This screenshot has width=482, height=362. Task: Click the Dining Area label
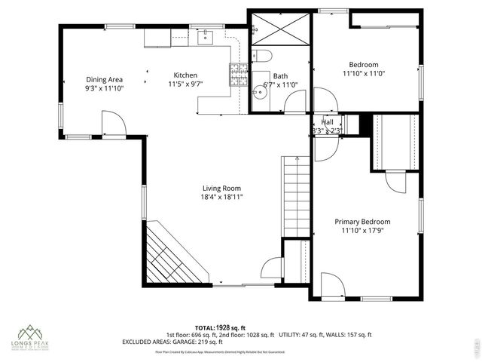104,79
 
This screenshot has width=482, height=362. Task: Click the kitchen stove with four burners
239,73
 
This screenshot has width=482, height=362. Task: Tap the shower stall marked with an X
279,29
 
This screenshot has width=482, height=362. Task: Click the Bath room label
280,76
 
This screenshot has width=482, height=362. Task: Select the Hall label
328,122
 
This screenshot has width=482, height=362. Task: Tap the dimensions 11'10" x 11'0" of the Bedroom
364,74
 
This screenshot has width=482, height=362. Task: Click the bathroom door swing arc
295,101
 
